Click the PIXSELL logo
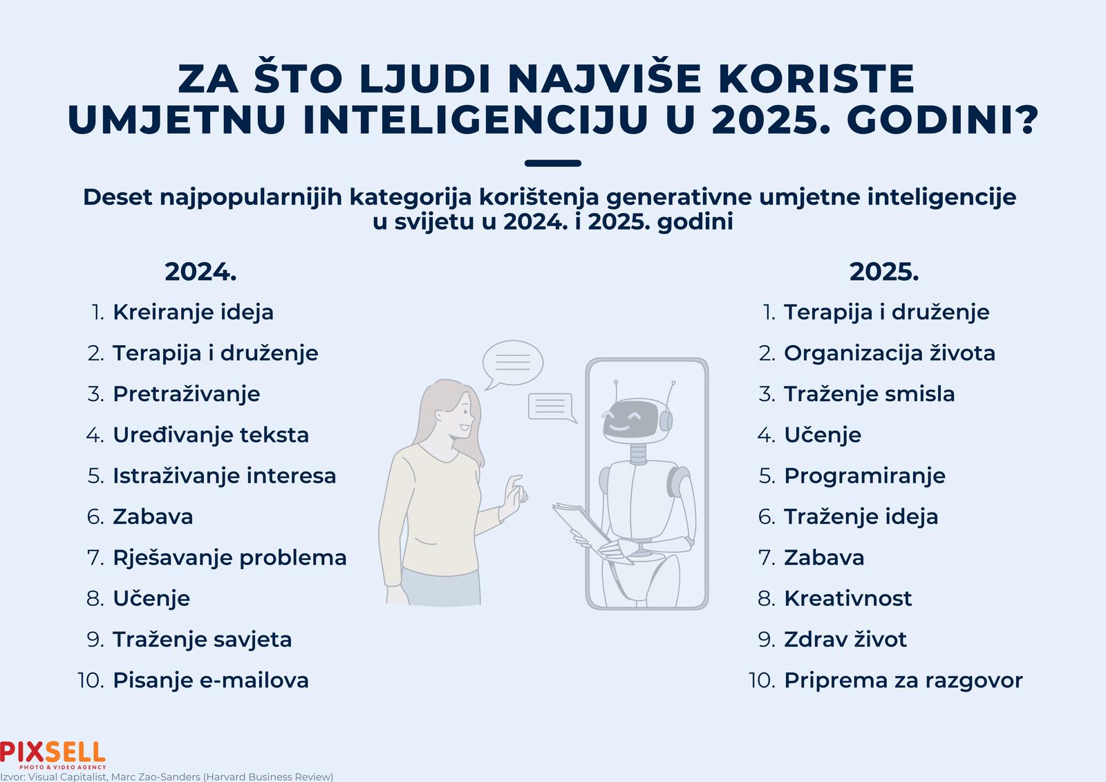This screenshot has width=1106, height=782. point(53,755)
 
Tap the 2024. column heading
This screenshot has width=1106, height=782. point(200,272)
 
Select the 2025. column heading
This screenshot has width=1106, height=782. point(884,272)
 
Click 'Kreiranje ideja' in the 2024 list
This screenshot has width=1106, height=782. point(193,313)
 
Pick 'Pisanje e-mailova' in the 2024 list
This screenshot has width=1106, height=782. point(211,681)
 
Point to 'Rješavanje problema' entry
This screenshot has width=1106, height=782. point(229,558)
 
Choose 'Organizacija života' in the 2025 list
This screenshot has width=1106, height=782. point(889,354)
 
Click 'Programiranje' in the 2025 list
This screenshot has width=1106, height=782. point(865,476)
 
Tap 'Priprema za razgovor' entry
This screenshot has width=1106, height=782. point(903,681)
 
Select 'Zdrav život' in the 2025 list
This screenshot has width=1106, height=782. point(845,640)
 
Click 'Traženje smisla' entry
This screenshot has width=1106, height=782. point(869,394)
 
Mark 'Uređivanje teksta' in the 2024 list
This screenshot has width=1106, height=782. point(211,435)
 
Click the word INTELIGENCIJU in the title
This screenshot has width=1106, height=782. point(475,120)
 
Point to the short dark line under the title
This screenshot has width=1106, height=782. point(553,163)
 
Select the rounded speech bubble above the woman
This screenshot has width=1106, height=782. point(512,363)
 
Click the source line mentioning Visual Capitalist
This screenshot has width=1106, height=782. point(167,776)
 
